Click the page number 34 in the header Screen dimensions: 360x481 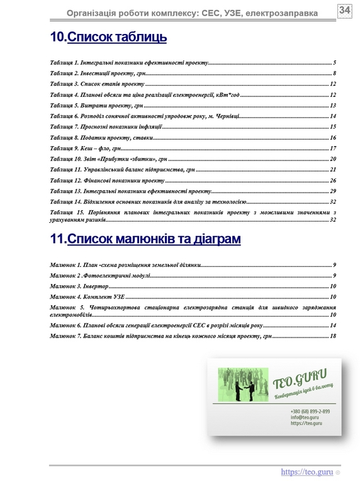point(344,11)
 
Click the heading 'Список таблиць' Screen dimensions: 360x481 point(116,38)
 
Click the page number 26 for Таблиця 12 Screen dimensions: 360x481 point(332,181)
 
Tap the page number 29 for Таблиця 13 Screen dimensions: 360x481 point(332,191)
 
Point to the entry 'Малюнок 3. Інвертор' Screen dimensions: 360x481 point(79,286)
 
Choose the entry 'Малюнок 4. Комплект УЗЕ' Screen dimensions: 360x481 point(87,296)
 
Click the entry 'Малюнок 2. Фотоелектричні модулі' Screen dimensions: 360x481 point(100,276)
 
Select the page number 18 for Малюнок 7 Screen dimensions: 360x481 point(332,336)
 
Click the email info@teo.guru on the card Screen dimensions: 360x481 point(303,417)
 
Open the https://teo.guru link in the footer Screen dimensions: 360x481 point(307,471)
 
